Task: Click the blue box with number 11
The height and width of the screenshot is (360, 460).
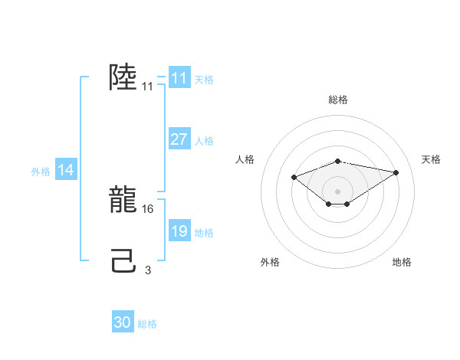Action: tap(179, 78)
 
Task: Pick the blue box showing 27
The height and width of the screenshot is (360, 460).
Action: tap(179, 139)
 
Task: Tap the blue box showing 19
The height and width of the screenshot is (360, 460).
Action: tap(179, 231)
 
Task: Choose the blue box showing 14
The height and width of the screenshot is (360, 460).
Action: tap(66, 170)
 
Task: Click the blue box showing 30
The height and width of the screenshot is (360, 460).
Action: tap(123, 322)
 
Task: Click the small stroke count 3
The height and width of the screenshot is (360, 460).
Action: tap(148, 270)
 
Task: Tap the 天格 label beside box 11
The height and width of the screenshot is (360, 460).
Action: tap(204, 79)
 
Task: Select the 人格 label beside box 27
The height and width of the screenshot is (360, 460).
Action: tap(204, 140)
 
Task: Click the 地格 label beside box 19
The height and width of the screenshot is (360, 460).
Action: tap(204, 232)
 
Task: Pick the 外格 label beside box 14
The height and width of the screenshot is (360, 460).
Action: tap(41, 172)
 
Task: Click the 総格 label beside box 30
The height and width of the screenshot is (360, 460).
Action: tap(147, 323)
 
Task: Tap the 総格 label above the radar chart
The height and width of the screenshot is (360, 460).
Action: tap(338, 100)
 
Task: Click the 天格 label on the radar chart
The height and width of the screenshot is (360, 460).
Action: tap(432, 159)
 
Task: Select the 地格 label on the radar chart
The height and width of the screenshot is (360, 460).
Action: tap(402, 262)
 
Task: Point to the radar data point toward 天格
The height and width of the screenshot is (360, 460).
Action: tap(396, 172)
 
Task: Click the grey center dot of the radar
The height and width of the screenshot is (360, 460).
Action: tap(338, 191)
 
